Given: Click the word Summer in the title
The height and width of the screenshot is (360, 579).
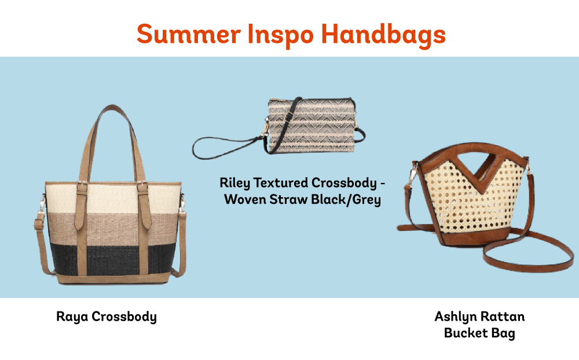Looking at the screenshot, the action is pyautogui.click(x=189, y=34).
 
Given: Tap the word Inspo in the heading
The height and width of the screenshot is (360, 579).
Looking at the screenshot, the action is pyautogui.click(x=281, y=35).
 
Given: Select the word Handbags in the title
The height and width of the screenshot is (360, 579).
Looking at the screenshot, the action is pyautogui.click(x=383, y=35).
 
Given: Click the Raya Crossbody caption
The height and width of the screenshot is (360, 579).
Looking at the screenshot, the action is pyautogui.click(x=107, y=317).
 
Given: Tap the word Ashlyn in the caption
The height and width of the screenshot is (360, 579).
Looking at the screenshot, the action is pyautogui.click(x=456, y=317).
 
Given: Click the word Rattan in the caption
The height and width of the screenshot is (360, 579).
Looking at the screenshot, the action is pyautogui.click(x=503, y=317).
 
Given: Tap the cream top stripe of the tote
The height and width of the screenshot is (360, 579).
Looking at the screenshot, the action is pyautogui.click(x=113, y=199).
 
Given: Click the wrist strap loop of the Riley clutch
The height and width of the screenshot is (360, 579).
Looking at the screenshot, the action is pyautogui.click(x=222, y=148).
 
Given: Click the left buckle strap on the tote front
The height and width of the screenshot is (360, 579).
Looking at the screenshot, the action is pyautogui.click(x=82, y=207).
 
